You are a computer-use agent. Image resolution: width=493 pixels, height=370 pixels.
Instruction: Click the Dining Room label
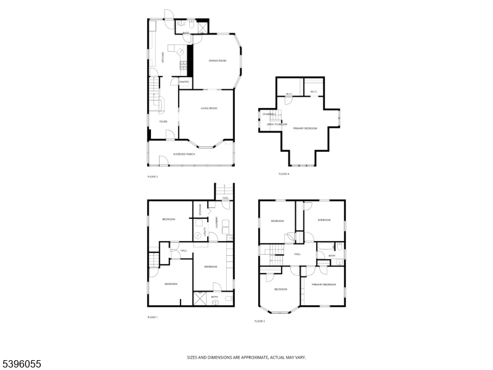[218, 60]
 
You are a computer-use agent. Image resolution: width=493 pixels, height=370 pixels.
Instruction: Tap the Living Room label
[209, 109]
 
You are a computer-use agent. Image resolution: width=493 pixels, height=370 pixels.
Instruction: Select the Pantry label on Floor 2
[184, 81]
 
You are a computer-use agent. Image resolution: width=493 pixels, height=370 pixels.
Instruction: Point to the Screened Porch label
[184, 154]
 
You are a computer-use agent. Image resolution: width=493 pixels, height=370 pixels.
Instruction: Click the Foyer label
[163, 121]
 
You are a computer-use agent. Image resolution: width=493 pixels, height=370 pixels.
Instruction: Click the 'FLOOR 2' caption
[153, 177]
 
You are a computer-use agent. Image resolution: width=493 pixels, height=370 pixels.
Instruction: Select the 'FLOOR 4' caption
[283, 174]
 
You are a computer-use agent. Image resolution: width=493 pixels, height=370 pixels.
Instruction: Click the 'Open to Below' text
[277, 125]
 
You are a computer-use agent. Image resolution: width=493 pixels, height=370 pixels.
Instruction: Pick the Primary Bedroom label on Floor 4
[305, 128]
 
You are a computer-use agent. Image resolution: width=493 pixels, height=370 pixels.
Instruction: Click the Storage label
[200, 210]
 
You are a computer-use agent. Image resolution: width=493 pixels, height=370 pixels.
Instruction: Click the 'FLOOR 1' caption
[153, 317]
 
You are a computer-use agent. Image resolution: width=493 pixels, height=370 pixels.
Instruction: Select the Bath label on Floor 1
[214, 297]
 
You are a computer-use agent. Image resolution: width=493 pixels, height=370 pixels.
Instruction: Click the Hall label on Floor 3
[297, 254]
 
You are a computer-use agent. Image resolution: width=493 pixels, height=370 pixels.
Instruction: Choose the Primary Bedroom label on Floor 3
[324, 284]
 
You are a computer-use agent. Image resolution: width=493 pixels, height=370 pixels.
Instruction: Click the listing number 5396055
[21, 364]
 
